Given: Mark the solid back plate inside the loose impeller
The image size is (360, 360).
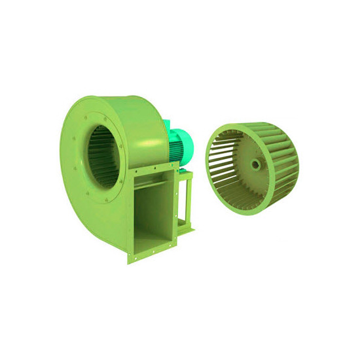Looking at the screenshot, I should point(259,164).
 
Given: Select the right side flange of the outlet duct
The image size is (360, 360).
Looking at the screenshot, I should point(175,209).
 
